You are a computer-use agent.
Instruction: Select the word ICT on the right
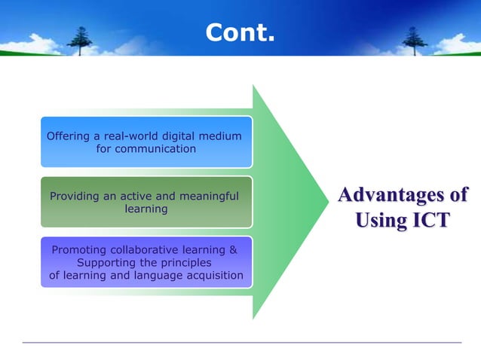tap(425, 221)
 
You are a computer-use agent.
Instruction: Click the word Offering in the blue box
tap(69, 136)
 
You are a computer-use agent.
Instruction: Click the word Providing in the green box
tap(74, 197)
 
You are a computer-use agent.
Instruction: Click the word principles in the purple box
tap(185, 263)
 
